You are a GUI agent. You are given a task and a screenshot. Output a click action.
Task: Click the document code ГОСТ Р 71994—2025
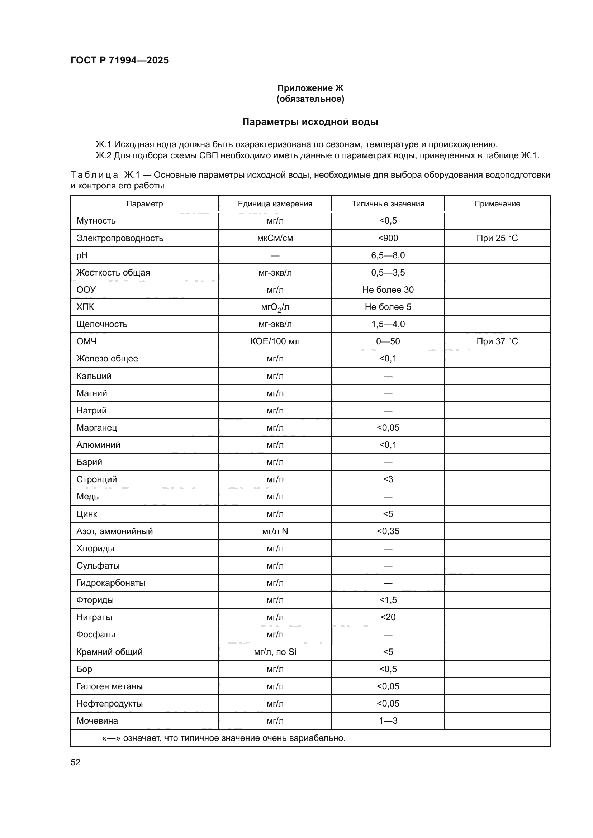coord(119,60)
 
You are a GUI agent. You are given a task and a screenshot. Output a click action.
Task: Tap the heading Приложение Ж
coord(310,88)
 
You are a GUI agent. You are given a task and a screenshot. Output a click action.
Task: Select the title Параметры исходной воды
coord(310,122)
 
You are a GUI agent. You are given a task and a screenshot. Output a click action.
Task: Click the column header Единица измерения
coord(275,203)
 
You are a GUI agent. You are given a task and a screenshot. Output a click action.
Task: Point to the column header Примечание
coord(497,203)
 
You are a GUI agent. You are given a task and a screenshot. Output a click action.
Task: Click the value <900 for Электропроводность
coord(388,238)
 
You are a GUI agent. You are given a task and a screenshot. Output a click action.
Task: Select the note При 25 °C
coord(497,238)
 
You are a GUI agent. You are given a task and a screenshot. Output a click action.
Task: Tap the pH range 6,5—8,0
coord(388,255)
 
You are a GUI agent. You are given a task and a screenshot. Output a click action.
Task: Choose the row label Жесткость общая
coord(113,273)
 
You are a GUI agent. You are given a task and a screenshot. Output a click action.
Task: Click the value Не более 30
coord(388,290)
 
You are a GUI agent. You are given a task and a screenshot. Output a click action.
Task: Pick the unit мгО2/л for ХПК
coord(275,307)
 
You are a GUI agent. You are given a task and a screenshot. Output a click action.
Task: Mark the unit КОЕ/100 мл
coord(275,341)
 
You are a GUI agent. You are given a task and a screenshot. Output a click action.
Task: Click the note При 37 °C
coord(497,341)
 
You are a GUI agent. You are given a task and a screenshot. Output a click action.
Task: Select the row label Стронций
coord(96,479)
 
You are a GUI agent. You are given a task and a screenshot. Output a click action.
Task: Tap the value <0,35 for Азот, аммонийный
coord(388,531)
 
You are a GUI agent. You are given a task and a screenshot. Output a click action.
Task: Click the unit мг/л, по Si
coord(275,652)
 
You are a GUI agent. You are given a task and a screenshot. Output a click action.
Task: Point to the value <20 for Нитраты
coord(388,617)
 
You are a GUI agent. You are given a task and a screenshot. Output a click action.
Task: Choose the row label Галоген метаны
coord(109,686)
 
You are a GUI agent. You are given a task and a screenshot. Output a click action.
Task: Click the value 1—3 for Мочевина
coord(388,721)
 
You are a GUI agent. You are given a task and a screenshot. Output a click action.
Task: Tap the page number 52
coord(76,762)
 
